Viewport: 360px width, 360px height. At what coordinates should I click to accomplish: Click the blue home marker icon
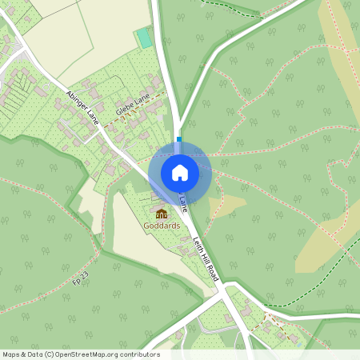(x=179, y=172)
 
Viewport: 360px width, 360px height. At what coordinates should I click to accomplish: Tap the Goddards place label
(x=162, y=226)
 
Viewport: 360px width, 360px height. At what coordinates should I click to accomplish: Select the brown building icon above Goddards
(x=162, y=214)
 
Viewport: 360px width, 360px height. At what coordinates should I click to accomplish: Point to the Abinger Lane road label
(x=82, y=109)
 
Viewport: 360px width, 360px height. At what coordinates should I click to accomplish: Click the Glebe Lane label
(x=132, y=106)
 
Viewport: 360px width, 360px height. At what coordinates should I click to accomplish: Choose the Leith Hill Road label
(x=206, y=258)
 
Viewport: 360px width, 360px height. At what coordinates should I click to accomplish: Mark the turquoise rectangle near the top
(x=144, y=38)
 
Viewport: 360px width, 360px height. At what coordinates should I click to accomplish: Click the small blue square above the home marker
(x=179, y=139)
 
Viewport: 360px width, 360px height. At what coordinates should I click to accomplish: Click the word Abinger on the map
(x=77, y=103)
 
